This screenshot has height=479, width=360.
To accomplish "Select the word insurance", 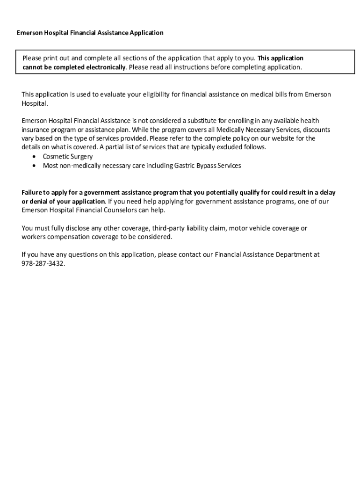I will coord(34,130).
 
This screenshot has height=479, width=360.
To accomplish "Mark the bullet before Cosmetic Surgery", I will coord(35,157).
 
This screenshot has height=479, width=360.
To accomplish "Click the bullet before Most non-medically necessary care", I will coord(35,166).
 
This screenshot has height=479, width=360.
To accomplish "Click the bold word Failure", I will coord(33,193).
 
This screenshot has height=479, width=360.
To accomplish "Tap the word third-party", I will coord(166,228).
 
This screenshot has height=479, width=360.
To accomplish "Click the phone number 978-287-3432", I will coord(43,264).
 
